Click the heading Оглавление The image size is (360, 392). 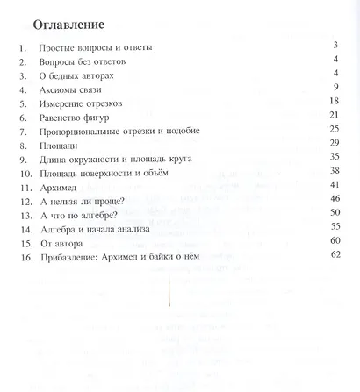click(76, 22)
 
